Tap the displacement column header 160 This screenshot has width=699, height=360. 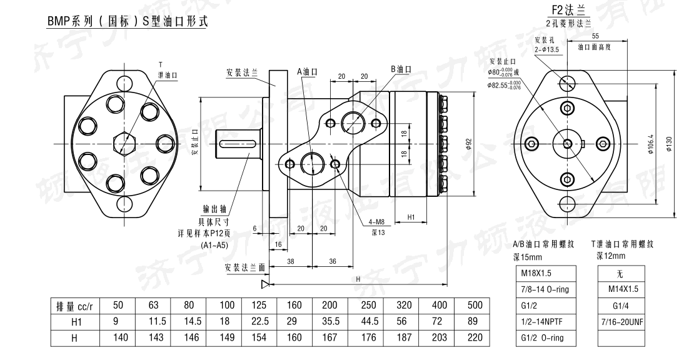click(x=293, y=306)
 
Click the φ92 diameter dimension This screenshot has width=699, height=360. click(x=468, y=143)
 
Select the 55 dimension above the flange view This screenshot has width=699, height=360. click(x=595, y=36)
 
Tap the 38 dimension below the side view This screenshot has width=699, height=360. click(x=291, y=262)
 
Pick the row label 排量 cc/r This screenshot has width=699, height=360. click(x=74, y=306)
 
